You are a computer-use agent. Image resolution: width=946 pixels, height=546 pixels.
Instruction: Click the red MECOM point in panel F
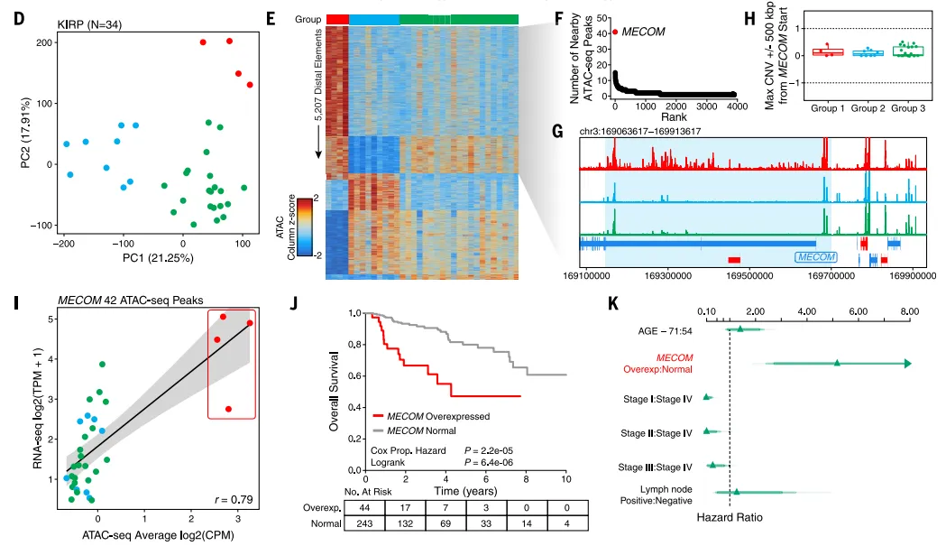coord(615,32)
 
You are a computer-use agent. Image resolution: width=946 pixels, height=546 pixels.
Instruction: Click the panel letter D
coord(17,17)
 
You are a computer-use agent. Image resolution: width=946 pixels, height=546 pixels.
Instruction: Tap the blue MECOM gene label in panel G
coord(815,257)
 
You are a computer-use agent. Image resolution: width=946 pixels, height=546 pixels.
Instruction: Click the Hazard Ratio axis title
coord(730,518)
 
